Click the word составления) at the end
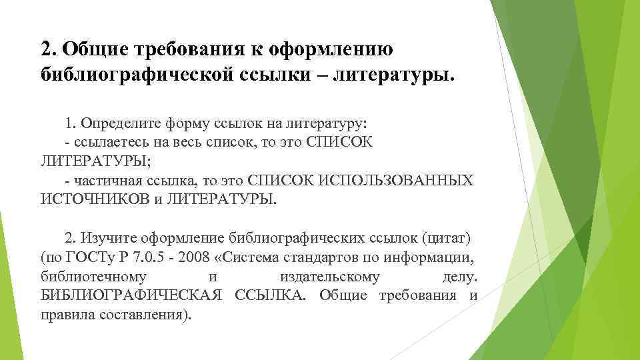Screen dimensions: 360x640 [141, 314]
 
